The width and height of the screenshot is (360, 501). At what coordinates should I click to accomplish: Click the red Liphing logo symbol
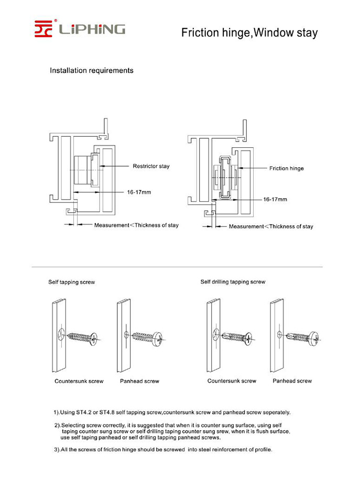(43, 28)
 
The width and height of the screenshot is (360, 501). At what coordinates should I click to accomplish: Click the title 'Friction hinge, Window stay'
(249, 33)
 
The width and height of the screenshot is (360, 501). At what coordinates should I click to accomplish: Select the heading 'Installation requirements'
(91, 70)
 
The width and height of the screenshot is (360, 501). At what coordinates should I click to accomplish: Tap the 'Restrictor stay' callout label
(151, 166)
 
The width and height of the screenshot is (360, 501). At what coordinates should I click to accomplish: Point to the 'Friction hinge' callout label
(287, 168)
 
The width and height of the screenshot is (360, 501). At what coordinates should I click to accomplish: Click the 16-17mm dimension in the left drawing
(139, 192)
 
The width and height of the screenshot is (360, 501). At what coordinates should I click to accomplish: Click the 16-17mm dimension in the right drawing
(275, 200)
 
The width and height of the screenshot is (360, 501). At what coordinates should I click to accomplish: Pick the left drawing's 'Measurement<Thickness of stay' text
(136, 225)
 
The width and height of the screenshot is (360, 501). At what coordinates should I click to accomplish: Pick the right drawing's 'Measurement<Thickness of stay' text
(271, 226)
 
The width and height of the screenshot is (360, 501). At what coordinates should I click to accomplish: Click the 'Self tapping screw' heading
(71, 282)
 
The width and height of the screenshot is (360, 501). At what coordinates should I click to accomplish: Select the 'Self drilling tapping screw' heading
(233, 282)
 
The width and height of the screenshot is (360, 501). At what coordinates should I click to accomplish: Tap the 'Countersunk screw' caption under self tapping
(79, 381)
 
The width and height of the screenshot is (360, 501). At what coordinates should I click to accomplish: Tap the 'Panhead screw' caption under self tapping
(139, 381)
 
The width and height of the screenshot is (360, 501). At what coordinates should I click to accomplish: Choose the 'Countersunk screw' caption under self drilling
(232, 381)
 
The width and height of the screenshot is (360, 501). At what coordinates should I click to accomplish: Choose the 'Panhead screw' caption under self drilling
(292, 381)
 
